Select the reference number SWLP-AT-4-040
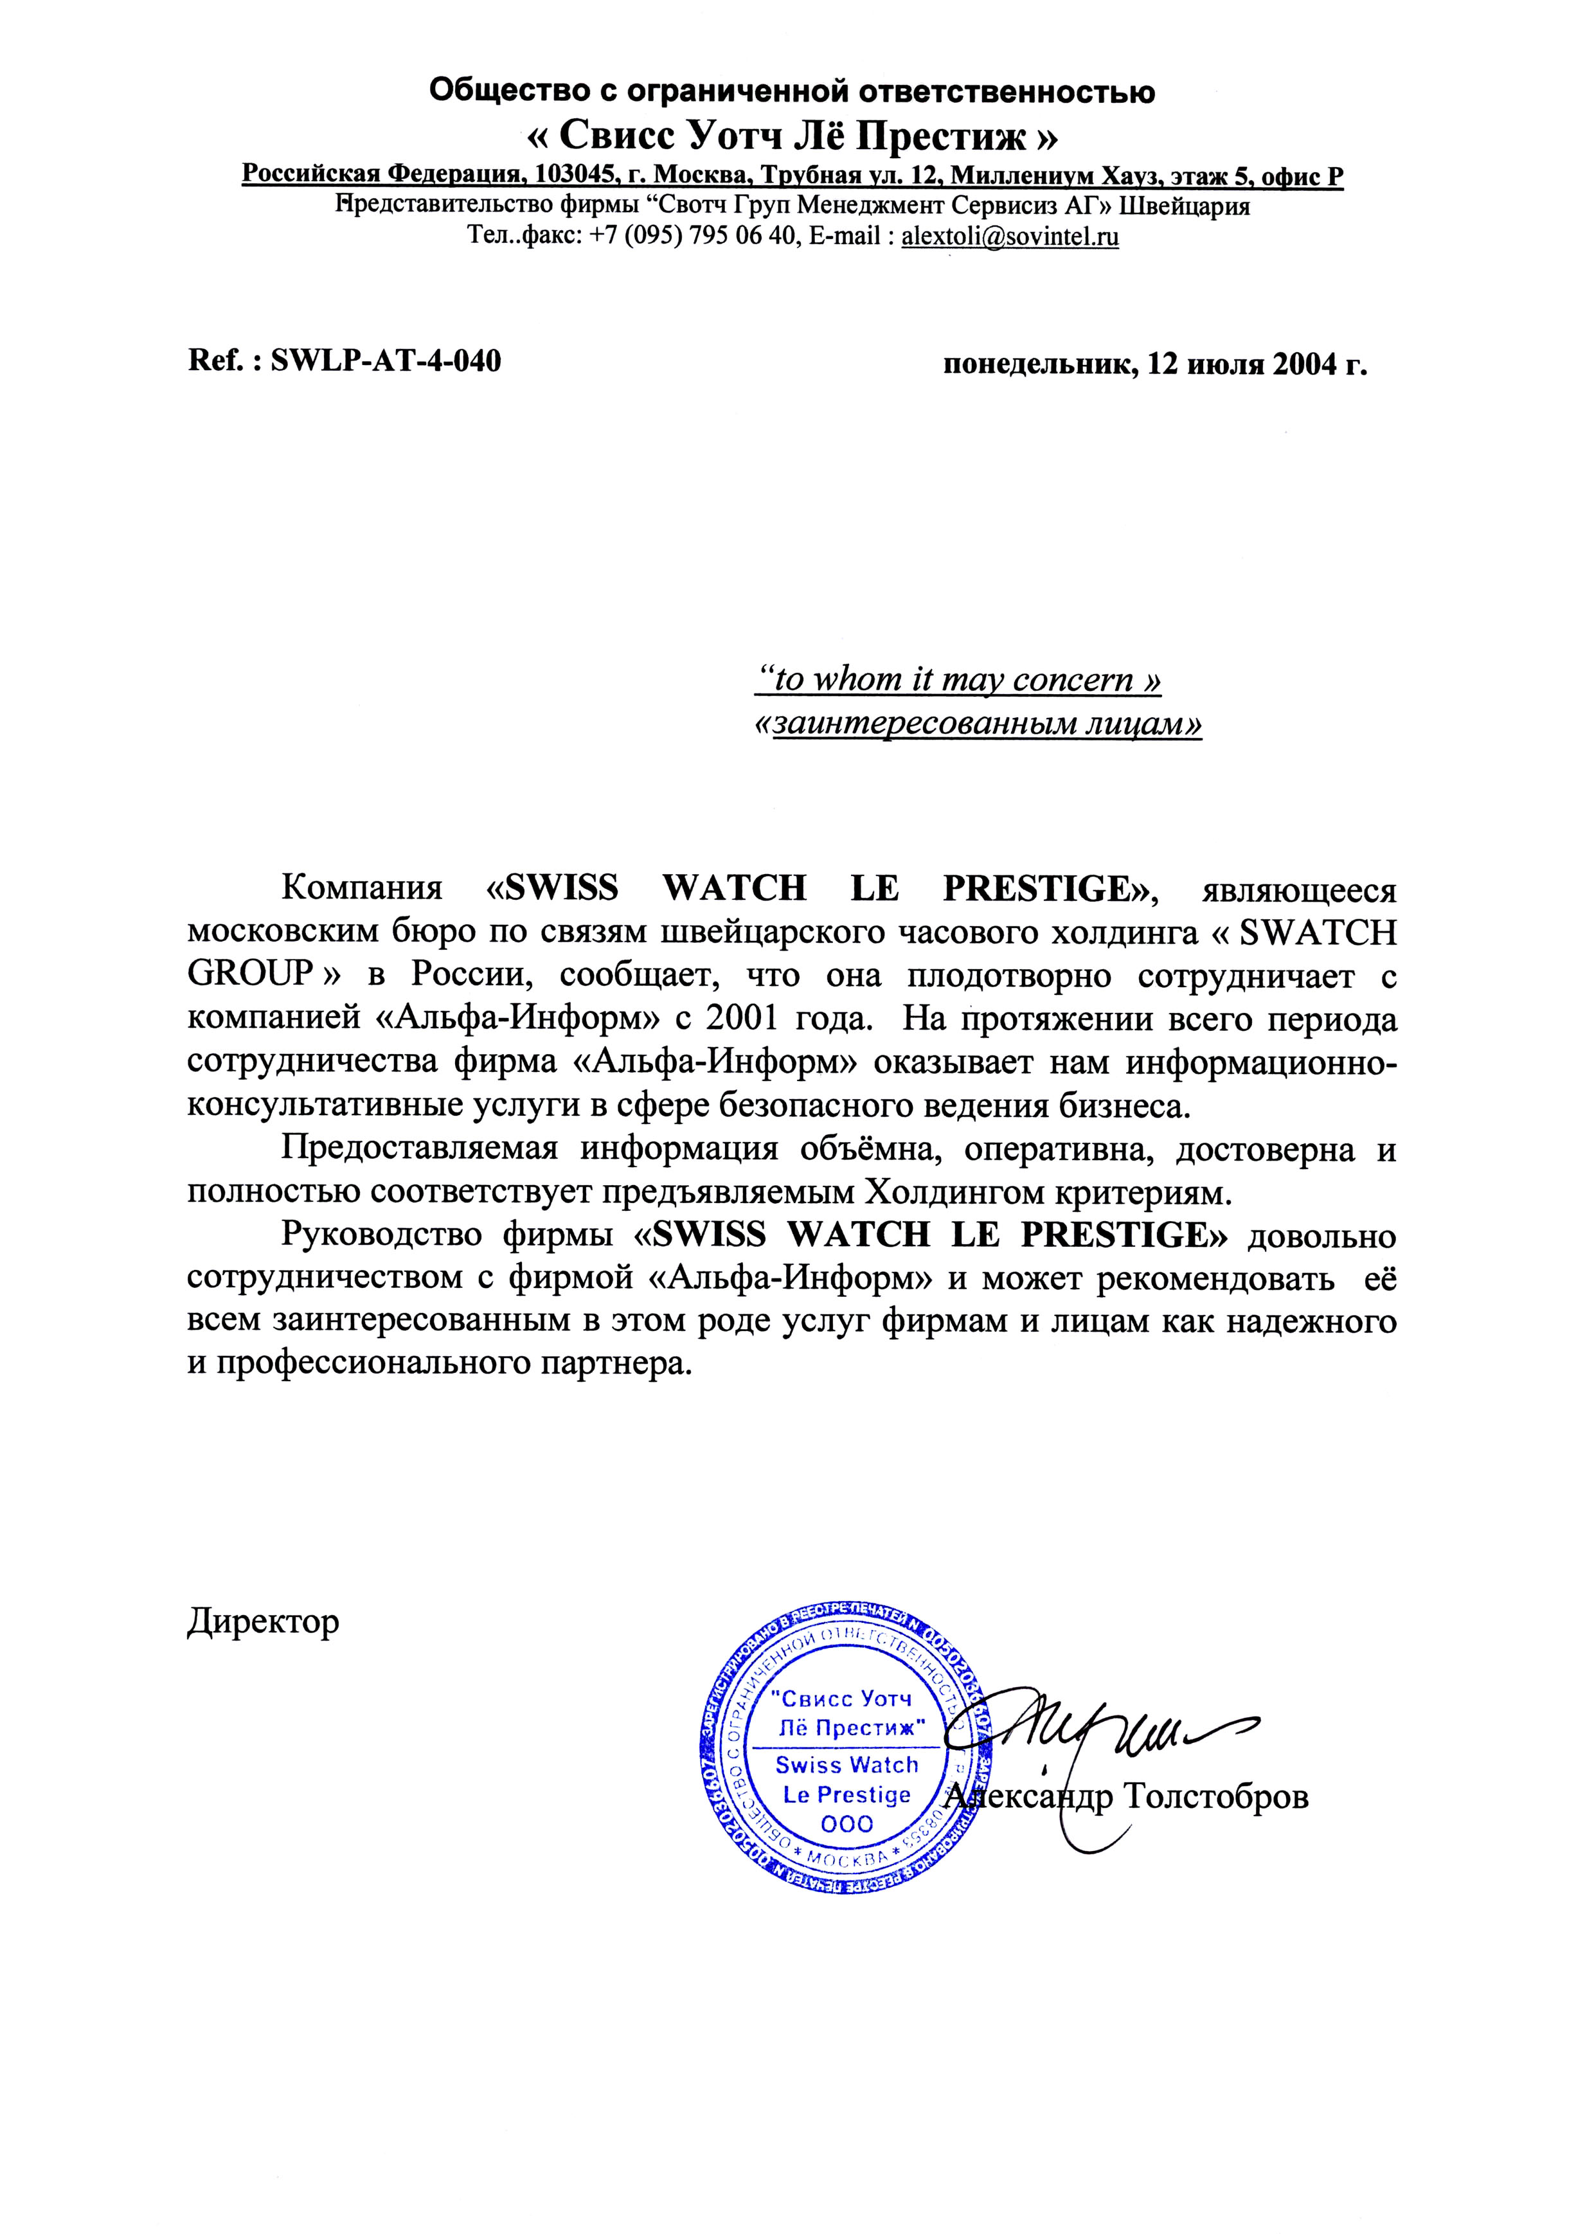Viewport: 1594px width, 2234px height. click(x=385, y=362)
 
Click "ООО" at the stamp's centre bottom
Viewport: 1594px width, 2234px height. click(x=846, y=1825)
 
